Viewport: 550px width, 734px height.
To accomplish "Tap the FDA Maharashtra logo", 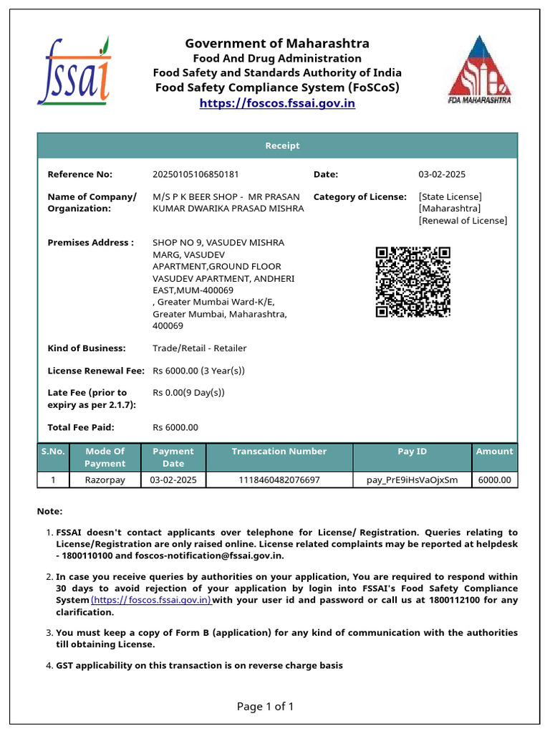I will click(x=479, y=70).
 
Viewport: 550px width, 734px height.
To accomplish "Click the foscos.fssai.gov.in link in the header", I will click(x=277, y=103).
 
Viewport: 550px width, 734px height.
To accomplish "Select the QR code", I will click(x=412, y=282).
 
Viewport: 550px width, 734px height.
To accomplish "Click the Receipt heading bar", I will click(x=282, y=146).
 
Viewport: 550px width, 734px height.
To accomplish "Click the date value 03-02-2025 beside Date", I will click(x=442, y=174).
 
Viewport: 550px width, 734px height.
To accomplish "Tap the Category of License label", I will click(x=360, y=196).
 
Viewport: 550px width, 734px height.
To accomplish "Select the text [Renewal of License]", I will click(x=463, y=220).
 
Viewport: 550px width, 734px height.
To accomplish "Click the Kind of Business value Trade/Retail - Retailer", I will click(x=199, y=348).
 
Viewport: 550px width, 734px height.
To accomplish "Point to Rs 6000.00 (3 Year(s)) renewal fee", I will click(x=198, y=371).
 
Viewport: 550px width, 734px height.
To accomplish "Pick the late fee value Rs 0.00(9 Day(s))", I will click(x=188, y=393).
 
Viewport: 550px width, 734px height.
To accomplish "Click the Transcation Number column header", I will click(x=279, y=452).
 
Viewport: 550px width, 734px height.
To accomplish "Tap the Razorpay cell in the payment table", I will click(x=105, y=480).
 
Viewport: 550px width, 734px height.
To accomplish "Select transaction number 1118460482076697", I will click(x=279, y=480).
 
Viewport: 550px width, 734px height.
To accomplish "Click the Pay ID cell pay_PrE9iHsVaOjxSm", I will click(x=412, y=480).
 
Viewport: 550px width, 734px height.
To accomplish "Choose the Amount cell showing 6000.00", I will click(x=494, y=480).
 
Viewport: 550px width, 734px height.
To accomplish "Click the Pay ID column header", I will click(x=412, y=452).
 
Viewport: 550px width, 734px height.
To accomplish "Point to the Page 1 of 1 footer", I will click(x=265, y=707).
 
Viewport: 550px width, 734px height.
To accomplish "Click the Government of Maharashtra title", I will click(x=277, y=44).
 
